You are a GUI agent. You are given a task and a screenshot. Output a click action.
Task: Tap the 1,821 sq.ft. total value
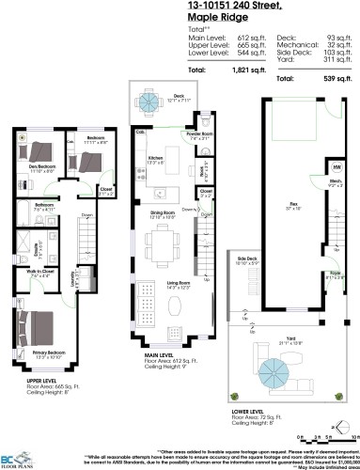pyautogui.click(x=234, y=70)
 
